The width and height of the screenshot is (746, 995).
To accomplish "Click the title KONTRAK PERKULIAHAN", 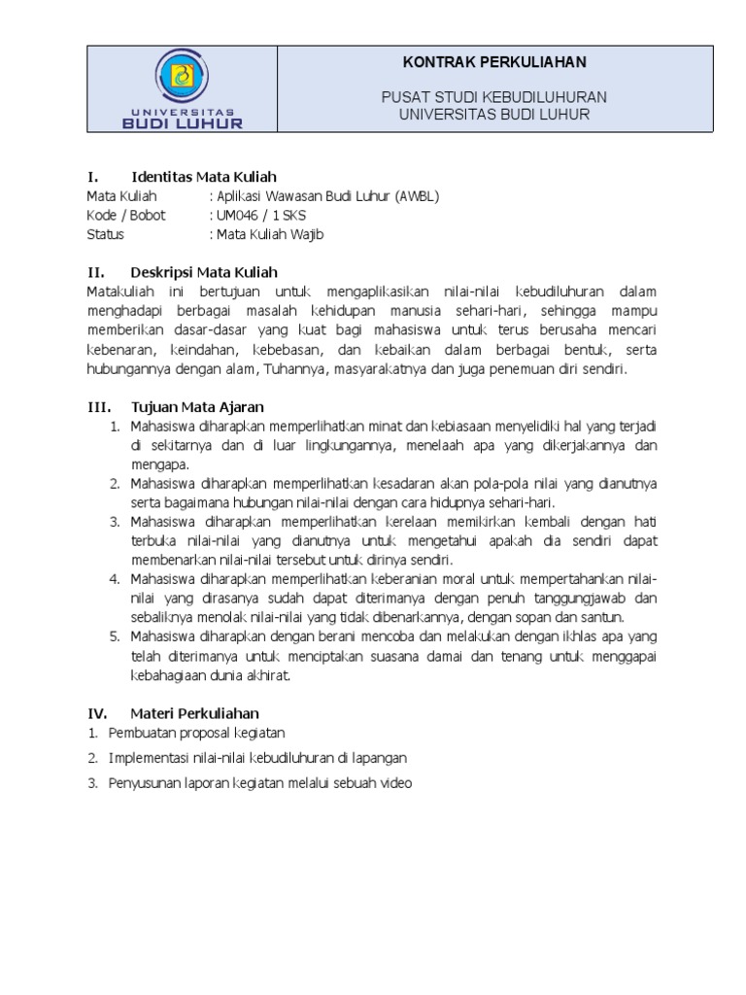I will click(494, 62).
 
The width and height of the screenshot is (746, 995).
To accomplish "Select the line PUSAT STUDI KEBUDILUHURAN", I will click(494, 97).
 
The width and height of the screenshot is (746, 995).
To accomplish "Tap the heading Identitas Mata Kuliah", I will click(204, 177).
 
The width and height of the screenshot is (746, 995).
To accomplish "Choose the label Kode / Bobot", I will click(126, 215).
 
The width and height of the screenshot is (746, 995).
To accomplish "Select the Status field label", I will click(105, 234).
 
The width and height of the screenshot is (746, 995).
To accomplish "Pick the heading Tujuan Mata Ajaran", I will click(197, 406).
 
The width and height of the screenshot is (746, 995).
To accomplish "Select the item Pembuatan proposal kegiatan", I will click(197, 733).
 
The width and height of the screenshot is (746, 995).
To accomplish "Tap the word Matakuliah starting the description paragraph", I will click(120, 292).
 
